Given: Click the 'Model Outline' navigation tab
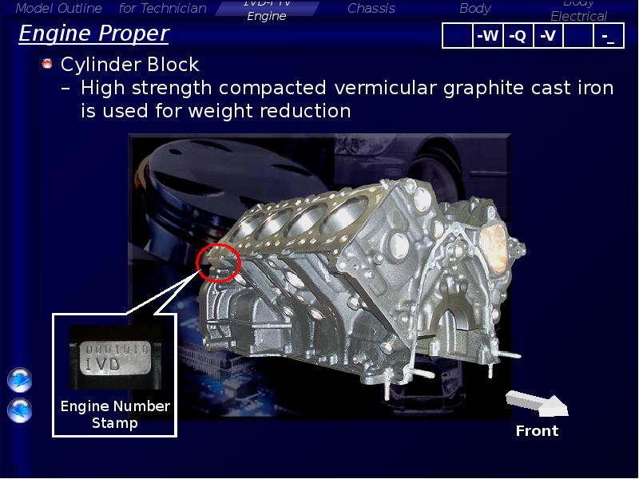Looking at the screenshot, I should [59, 9].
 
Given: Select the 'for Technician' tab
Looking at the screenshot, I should [162, 9].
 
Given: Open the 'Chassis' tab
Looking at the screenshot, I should [371, 9].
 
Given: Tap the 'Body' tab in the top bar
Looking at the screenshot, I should [475, 9].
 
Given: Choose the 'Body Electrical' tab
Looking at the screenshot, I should [579, 10].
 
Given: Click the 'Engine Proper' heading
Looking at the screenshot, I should [93, 34].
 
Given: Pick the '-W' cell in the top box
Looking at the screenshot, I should [486, 36].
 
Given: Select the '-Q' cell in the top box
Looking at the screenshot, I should [518, 36].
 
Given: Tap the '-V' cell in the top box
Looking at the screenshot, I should [548, 36].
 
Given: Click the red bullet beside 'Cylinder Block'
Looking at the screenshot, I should [47, 64].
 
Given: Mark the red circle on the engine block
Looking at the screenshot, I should [218, 261].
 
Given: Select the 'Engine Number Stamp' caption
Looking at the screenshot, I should [115, 414].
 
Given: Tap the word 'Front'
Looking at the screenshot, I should [537, 431].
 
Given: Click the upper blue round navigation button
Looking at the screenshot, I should [19, 380].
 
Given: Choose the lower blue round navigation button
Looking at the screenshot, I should [19, 410].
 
